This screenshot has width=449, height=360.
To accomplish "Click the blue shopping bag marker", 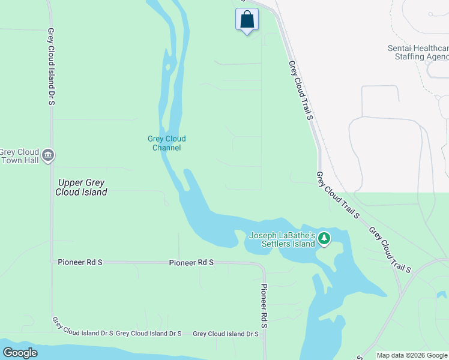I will [247, 19].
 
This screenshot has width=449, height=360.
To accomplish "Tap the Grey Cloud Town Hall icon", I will [48, 156].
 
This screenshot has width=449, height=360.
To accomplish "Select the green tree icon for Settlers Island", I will [324, 239].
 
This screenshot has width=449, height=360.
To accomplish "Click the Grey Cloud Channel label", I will [166, 143].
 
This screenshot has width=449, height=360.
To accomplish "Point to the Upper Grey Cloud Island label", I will [81, 187].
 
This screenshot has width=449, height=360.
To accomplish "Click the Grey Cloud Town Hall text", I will [19, 156].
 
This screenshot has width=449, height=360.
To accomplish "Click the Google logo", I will [20, 353].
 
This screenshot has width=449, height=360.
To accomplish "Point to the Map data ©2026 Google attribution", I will [412, 355].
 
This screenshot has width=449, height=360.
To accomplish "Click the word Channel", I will [166, 148].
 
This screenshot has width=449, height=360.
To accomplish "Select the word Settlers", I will [280, 244].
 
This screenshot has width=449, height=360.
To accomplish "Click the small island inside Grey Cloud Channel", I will [169, 66].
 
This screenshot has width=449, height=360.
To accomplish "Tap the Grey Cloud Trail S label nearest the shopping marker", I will [301, 90].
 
